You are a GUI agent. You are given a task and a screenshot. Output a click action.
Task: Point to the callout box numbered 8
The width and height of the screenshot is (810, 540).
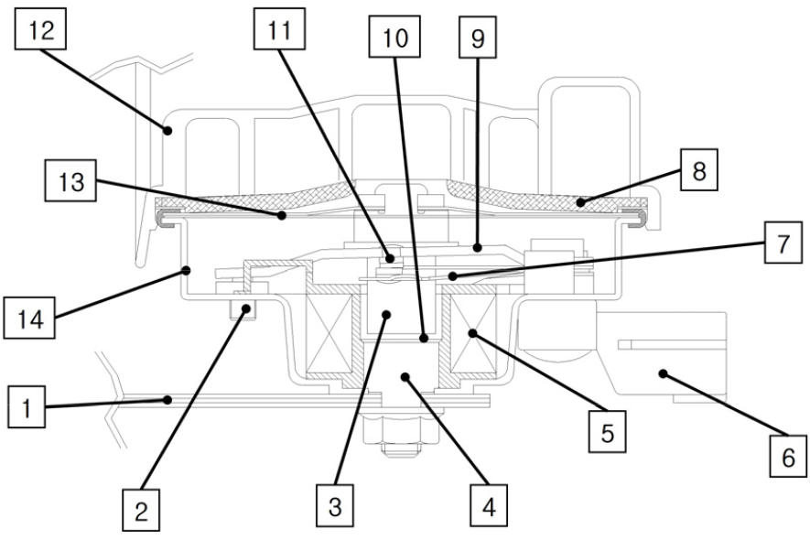(698, 173)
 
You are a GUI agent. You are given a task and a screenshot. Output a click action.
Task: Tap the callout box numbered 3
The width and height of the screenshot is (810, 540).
(337, 504)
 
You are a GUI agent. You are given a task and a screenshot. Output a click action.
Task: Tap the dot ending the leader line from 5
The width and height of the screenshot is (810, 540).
(472, 335)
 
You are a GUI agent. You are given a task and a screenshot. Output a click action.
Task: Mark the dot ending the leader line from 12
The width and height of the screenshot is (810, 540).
(168, 131)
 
